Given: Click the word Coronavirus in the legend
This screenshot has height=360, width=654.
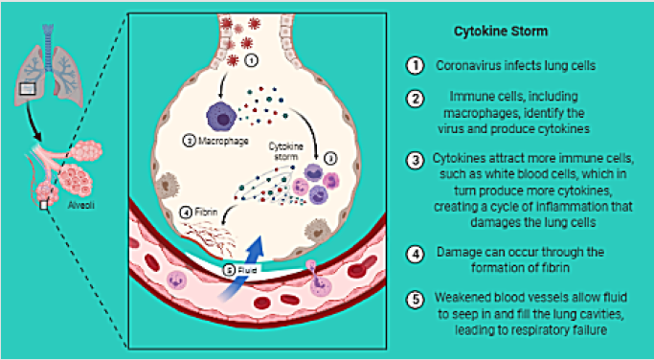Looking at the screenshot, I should pyautogui.click(x=466, y=66).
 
